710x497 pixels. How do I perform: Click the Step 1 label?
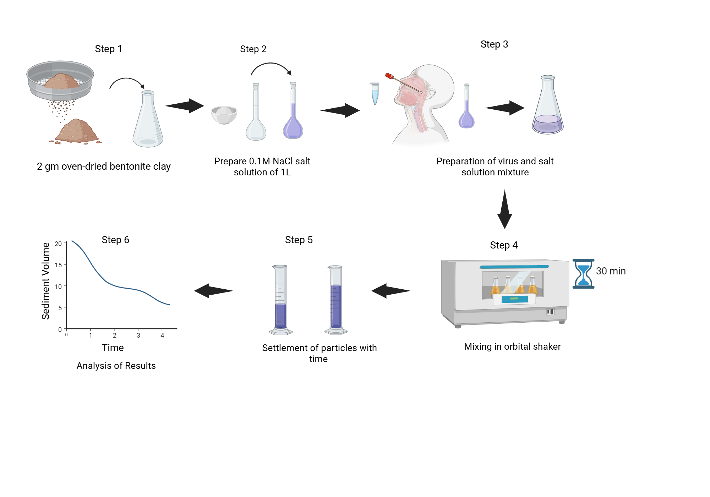coord(108,49)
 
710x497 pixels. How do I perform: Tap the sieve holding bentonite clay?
coord(60,81)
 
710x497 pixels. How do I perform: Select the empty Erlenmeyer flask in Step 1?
coord(148,121)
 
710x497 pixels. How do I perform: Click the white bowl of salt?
coord(224,114)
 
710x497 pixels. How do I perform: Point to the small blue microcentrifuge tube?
coord(375,93)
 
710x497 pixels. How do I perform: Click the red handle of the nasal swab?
coord(389,76)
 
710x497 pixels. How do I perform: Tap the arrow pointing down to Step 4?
coord(504,209)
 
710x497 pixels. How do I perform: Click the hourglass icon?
coord(583,273)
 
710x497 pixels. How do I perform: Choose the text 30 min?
coord(611,271)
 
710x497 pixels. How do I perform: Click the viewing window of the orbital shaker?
coord(513,284)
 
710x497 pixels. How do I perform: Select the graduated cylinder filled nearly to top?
coord(335,300)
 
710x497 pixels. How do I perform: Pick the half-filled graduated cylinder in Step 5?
coord(280,300)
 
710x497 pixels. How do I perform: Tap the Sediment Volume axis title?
coord(46,281)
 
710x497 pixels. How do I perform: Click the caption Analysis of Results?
coord(116,366)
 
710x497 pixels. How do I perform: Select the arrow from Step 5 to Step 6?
coord(214,291)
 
